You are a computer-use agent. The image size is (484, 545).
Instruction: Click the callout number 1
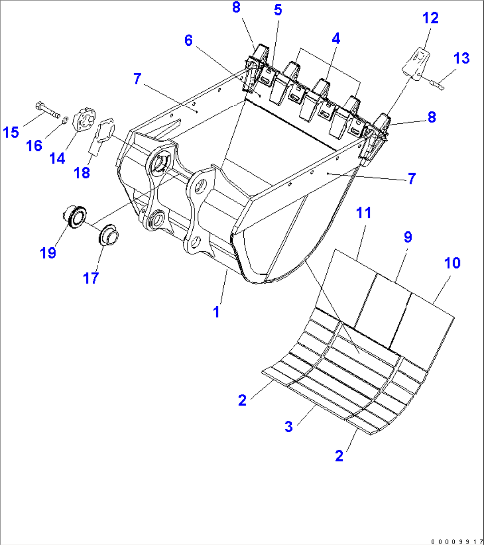pyautogui.click(x=216, y=312)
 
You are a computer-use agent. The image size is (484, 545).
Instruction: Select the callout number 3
pyautogui.click(x=289, y=427)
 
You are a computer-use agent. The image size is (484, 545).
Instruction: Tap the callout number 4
pyautogui.click(x=336, y=39)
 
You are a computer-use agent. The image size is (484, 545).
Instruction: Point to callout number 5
pyautogui.click(x=278, y=10)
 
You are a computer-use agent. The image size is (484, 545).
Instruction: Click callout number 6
pyautogui.click(x=188, y=40)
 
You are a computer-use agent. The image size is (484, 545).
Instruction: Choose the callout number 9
pyautogui.click(x=407, y=237)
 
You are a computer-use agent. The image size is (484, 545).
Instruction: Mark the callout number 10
pyautogui.click(x=452, y=263)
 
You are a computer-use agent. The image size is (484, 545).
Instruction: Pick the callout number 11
pyautogui.click(x=364, y=213)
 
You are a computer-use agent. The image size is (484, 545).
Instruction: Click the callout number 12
pyautogui.click(x=430, y=18)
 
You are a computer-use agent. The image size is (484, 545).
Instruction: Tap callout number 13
pyautogui.click(x=461, y=58)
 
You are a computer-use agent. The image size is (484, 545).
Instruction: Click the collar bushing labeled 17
pyautogui.click(x=107, y=235)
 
